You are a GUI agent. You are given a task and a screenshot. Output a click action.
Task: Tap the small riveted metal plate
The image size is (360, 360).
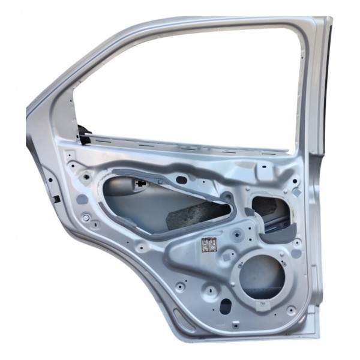[208, 245]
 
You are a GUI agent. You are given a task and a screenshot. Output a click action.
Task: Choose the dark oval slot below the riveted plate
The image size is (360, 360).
[226, 307]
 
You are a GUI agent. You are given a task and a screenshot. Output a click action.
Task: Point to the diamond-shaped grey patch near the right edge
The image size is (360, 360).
[296, 192]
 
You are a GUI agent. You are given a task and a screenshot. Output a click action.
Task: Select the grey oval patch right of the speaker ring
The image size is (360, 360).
[296, 254]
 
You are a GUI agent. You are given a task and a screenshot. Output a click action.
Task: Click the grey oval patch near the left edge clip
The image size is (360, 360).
[79, 198]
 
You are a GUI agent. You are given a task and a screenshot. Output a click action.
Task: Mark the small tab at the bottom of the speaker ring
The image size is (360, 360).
[262, 304]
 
